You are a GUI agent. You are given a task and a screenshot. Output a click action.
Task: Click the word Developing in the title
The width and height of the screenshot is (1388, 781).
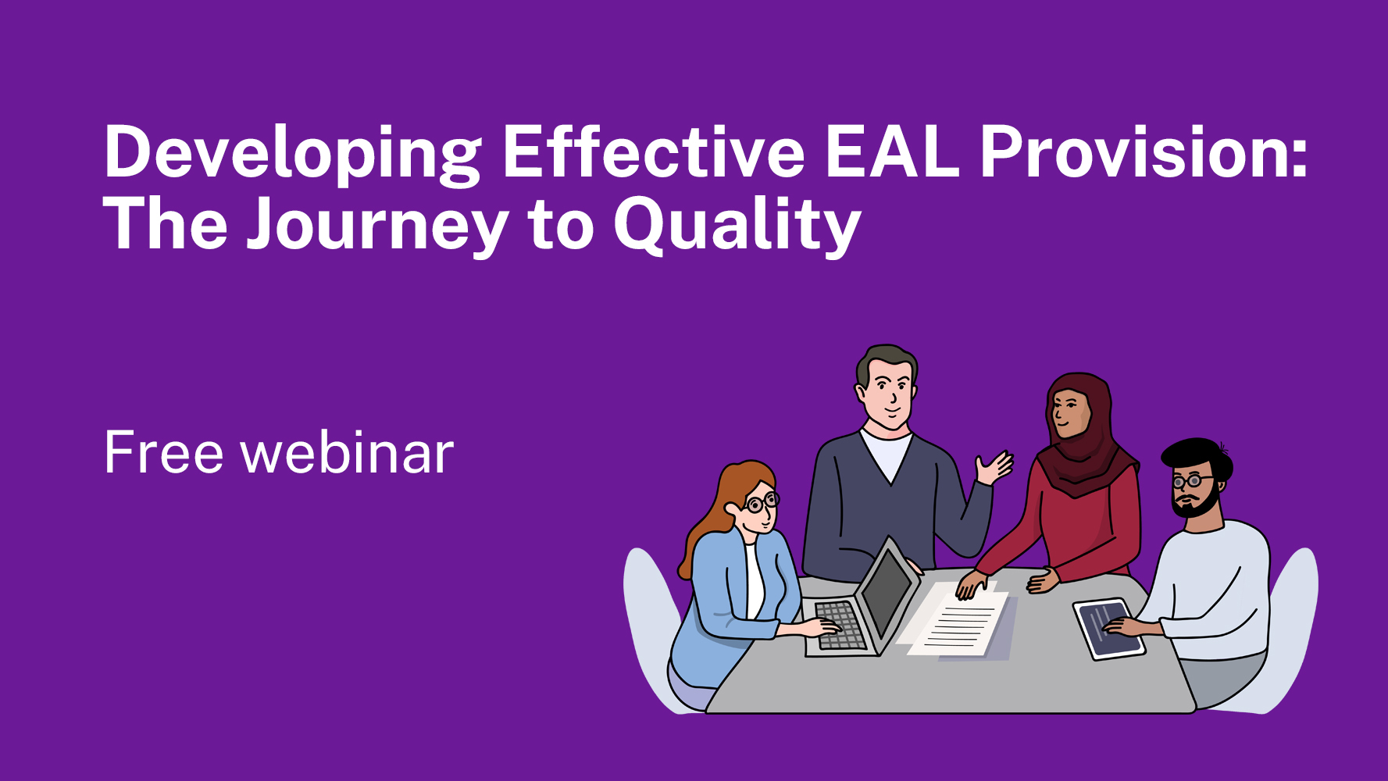pos(293,153)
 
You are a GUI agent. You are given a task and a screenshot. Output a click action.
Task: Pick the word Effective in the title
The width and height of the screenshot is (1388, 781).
pos(653,152)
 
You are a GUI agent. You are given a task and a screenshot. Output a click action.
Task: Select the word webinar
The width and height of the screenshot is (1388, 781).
pos(348,453)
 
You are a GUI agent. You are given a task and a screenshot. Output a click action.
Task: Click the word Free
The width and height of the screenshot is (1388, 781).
pos(164,453)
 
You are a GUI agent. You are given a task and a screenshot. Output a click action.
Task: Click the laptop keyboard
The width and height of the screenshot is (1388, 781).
pos(840,626)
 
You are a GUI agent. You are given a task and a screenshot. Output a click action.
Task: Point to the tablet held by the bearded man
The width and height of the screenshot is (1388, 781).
pos(1108,629)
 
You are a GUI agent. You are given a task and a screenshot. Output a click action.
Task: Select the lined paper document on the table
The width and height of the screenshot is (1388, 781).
pos(960,624)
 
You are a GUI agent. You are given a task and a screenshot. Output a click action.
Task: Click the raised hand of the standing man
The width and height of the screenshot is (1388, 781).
pos(994,468)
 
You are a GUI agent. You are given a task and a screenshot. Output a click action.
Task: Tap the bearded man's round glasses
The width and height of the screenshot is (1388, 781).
pos(1189,480)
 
